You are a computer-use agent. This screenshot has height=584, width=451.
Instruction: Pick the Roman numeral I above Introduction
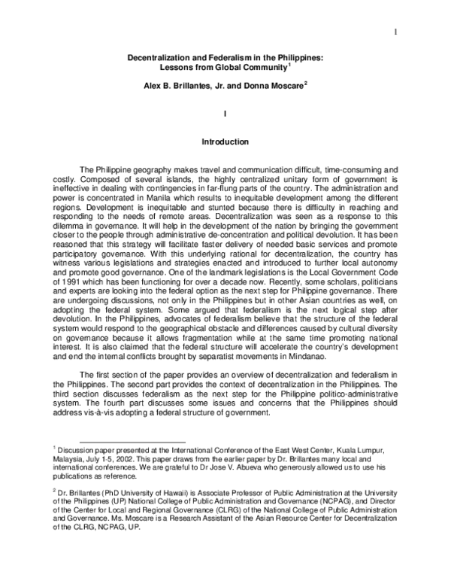click(x=225, y=113)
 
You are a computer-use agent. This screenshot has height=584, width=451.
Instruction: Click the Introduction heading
click(x=225, y=141)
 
